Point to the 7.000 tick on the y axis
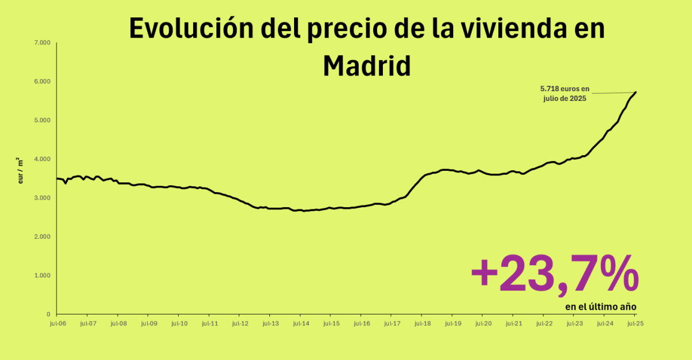(x=43, y=43)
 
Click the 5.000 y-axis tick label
(x=43, y=120)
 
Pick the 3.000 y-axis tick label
(x=43, y=198)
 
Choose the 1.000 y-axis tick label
(x=43, y=275)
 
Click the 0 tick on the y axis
(x=48, y=314)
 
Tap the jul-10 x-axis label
(x=178, y=324)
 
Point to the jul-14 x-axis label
(x=300, y=324)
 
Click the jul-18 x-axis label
(x=422, y=324)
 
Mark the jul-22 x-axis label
(x=543, y=324)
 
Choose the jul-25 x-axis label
(x=635, y=324)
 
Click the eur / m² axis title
(x=21, y=171)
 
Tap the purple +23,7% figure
(x=555, y=274)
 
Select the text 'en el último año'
(x=600, y=306)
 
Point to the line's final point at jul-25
(x=635, y=92)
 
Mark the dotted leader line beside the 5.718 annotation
(x=612, y=93)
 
